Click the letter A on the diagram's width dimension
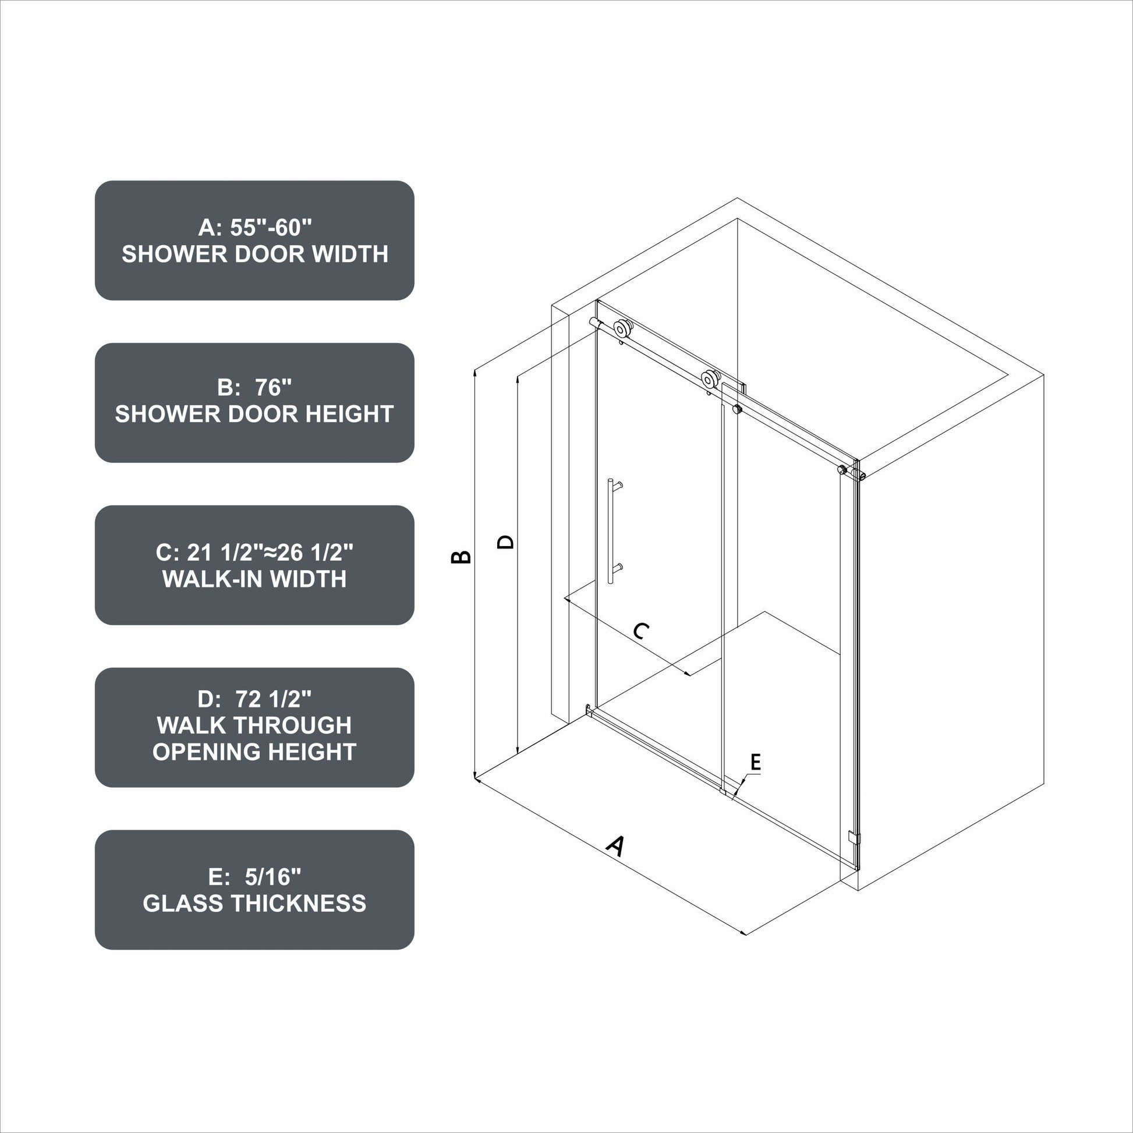tap(615, 846)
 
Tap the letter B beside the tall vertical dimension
tap(461, 557)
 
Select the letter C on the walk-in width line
tap(641, 631)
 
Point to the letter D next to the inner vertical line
tap(505, 541)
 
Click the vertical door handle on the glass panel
tap(611, 531)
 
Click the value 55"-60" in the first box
tap(271, 228)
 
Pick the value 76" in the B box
tap(273, 388)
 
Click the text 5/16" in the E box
tap(272, 877)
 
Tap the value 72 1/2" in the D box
tap(273, 699)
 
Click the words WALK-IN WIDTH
tap(254, 579)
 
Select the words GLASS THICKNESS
tap(254, 903)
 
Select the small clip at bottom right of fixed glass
tap(854, 837)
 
